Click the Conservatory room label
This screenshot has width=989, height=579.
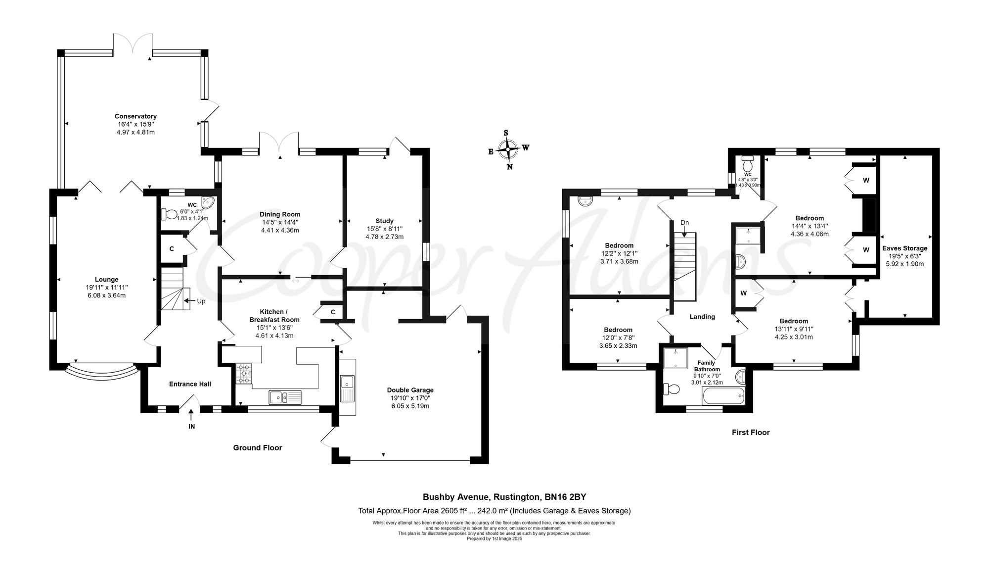click(135, 116)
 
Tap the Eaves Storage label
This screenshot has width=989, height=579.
click(904, 248)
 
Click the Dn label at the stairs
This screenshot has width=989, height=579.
click(684, 223)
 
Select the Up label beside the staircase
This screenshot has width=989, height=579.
click(201, 301)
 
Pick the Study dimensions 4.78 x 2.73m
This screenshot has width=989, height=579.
click(384, 237)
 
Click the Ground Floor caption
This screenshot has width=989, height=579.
click(257, 448)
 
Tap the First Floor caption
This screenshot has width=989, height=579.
click(750, 432)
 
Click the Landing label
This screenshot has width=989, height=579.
click(702, 317)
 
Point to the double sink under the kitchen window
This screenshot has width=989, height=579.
click(285, 397)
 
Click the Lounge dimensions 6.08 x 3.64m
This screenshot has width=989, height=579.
click(106, 295)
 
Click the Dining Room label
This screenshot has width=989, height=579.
click(280, 214)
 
